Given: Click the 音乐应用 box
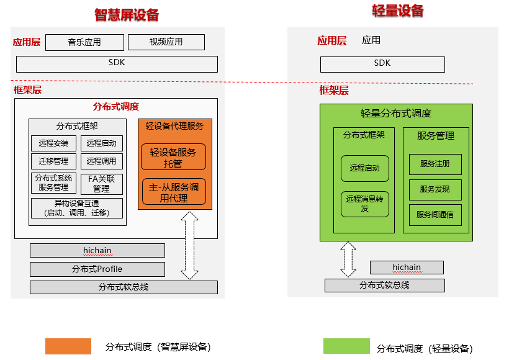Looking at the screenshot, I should pyautogui.click(x=84, y=42).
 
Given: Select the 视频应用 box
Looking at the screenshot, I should pyautogui.click(x=166, y=42).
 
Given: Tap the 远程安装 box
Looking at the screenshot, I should pyautogui.click(x=53, y=143).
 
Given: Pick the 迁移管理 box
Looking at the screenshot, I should pyautogui.click(x=53, y=161).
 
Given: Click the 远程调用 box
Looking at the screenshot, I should pyautogui.click(x=102, y=161).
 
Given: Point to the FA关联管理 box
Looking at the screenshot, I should pyautogui.click(x=102, y=184).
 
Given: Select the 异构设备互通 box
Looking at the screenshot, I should pyautogui.click(x=77, y=208).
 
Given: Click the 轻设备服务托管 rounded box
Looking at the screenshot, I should pyautogui.click(x=173, y=156).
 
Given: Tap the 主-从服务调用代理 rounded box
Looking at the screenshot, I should pyautogui.click(x=173, y=192).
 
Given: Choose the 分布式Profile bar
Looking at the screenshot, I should pyautogui.click(x=97, y=269).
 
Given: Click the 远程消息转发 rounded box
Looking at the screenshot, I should pyautogui.click(x=364, y=204).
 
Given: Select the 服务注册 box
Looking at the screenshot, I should pyautogui.click(x=435, y=164).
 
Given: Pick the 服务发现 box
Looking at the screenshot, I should pyautogui.click(x=435, y=189).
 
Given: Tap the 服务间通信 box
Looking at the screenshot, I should pyautogui.click(x=435, y=215).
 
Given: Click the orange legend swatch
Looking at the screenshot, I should pyautogui.click(x=68, y=346).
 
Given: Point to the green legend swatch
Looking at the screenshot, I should pyautogui.click(x=346, y=346).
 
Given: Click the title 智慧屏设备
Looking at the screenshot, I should pyautogui.click(x=127, y=15).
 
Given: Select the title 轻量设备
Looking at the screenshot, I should pyautogui.click(x=398, y=11).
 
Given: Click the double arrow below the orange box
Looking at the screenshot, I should pyautogui.click(x=190, y=245).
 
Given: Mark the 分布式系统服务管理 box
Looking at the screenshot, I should pyautogui.click(x=53, y=183).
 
